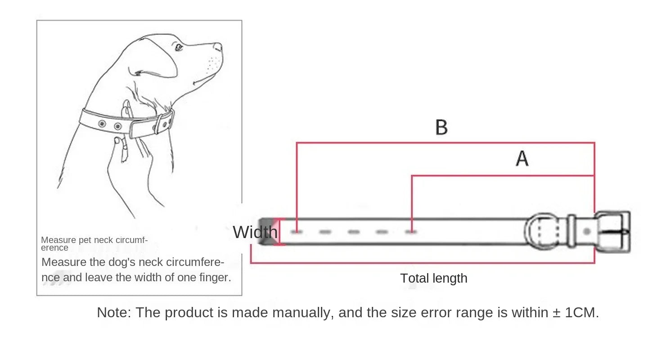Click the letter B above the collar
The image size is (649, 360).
[x=441, y=127]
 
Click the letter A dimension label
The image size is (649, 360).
[x=522, y=158]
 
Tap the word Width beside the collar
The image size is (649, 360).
[x=255, y=232]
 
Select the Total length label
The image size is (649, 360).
[x=434, y=279]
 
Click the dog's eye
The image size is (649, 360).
[x=179, y=47]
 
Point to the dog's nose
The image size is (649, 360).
[x=218, y=47]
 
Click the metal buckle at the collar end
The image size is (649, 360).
[x=613, y=232]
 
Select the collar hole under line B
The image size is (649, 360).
[x=297, y=232]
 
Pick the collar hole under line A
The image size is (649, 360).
[x=411, y=232]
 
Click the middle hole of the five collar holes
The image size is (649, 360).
[x=354, y=232]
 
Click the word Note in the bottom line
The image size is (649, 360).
[x=114, y=312]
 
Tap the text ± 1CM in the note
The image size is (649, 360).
[x=575, y=312]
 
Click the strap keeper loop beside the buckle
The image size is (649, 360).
[x=572, y=231]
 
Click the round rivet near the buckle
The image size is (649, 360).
[x=587, y=231]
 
